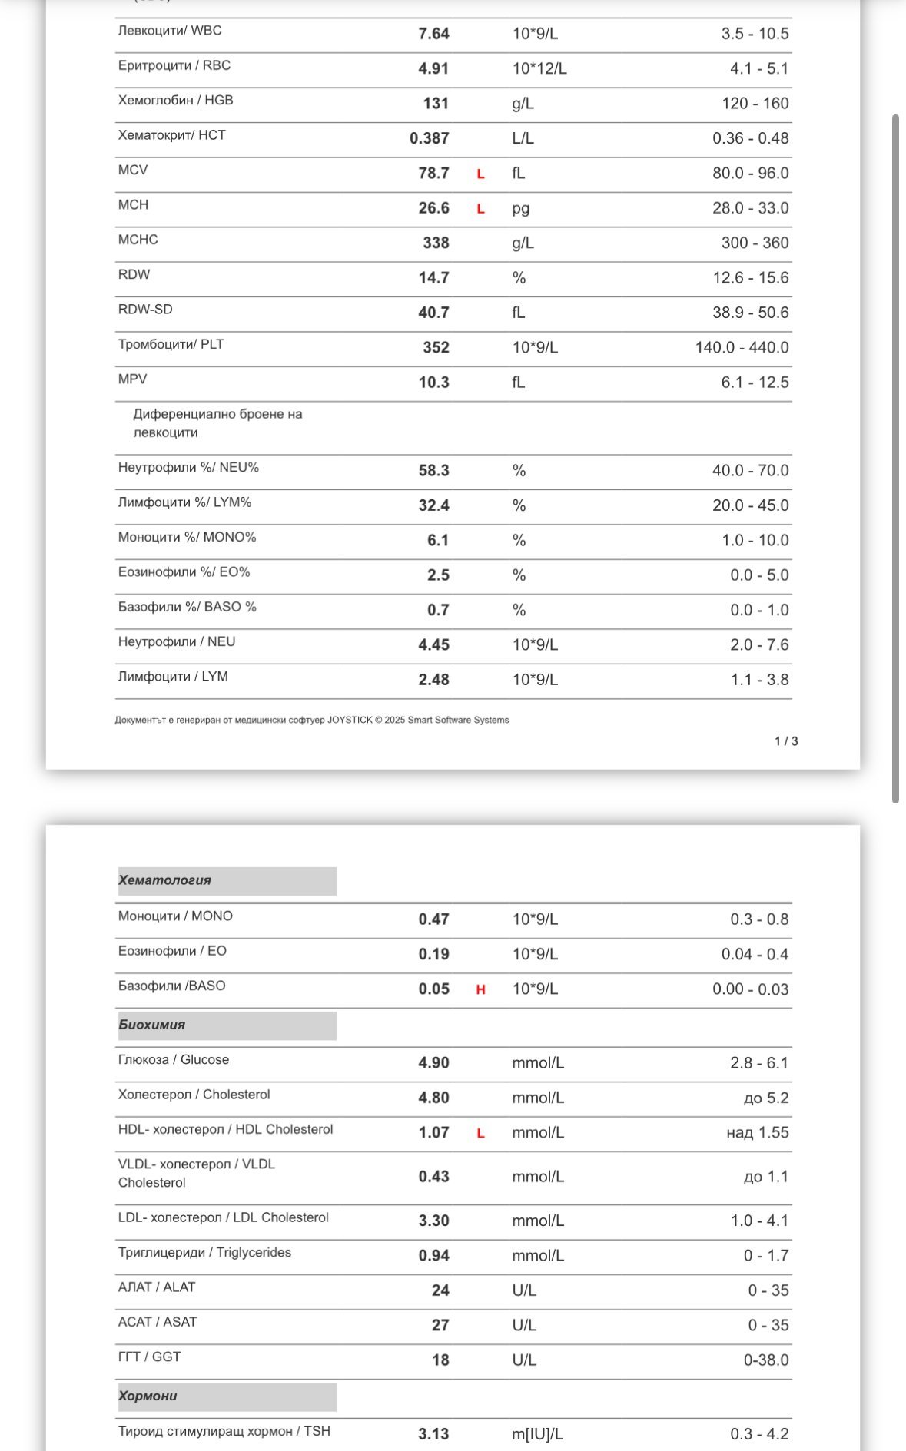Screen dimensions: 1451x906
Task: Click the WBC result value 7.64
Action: point(433,34)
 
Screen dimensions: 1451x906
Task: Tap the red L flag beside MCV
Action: point(480,174)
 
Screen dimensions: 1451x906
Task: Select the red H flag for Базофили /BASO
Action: point(480,990)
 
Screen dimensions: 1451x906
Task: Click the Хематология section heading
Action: point(164,880)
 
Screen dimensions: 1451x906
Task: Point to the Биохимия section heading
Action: point(151,1025)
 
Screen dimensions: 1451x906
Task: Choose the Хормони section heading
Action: point(148,1396)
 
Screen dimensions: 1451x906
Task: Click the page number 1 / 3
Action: point(786,741)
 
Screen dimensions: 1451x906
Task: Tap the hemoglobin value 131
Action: point(436,104)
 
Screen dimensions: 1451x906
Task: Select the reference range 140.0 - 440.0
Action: point(742,348)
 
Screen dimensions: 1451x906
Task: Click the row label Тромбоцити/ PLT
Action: point(171,344)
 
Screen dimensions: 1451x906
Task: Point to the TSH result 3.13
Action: point(433,1434)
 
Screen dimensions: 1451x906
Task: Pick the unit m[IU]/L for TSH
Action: point(537,1434)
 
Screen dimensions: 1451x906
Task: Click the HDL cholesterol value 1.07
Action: point(433,1133)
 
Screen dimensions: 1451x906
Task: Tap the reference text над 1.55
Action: point(757,1133)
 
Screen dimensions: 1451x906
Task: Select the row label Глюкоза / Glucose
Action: point(174,1060)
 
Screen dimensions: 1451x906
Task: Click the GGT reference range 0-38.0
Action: point(765,1360)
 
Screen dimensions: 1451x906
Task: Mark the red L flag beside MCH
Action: point(480,209)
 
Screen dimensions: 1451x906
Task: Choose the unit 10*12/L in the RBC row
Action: point(539,69)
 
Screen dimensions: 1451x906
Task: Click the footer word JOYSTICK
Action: point(350,721)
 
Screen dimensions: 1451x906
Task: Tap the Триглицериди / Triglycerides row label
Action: point(204,1253)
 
